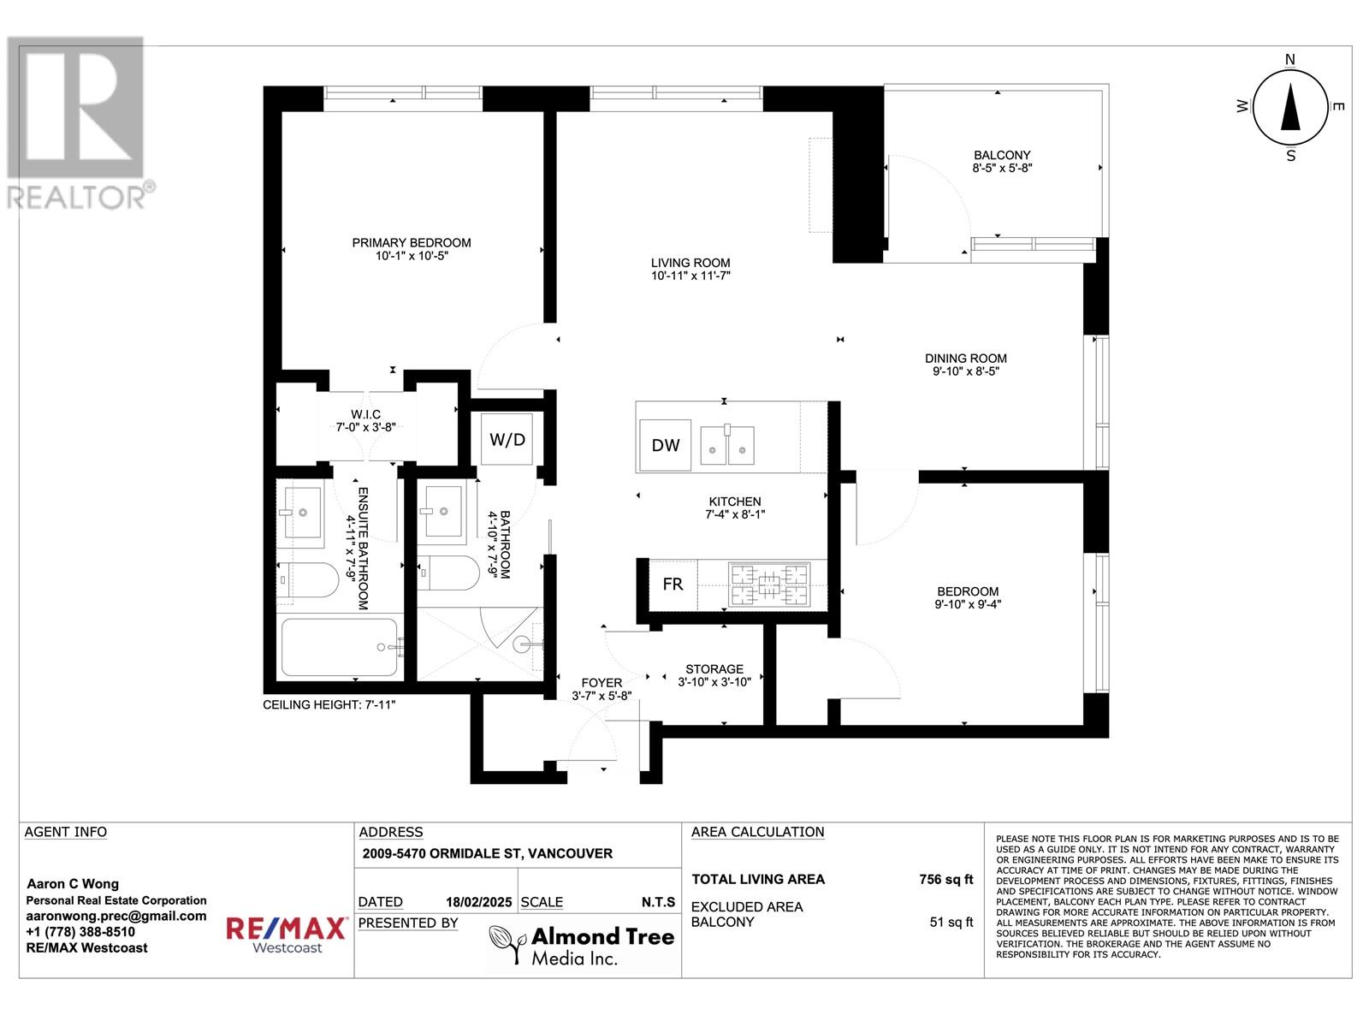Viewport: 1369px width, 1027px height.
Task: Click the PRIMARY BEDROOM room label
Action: coord(412,243)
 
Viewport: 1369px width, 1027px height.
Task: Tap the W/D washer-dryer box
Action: coord(507,440)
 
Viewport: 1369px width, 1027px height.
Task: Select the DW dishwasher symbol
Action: coord(665,445)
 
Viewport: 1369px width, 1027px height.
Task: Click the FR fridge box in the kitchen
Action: coord(673,585)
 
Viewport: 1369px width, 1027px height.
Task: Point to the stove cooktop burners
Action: coord(768,585)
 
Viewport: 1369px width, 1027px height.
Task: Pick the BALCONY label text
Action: coord(1002,156)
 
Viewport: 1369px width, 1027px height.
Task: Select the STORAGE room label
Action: coord(714,669)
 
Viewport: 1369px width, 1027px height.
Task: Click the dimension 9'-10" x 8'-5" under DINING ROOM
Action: coord(966,372)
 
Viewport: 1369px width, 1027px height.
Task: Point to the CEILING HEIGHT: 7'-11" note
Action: coord(329,705)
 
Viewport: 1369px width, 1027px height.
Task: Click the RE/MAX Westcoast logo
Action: coord(286,935)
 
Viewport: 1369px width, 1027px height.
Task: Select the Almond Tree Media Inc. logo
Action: coord(582,945)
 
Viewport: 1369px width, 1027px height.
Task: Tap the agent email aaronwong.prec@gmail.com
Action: coord(116,916)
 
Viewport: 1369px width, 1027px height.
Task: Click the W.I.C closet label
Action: coord(365,414)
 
